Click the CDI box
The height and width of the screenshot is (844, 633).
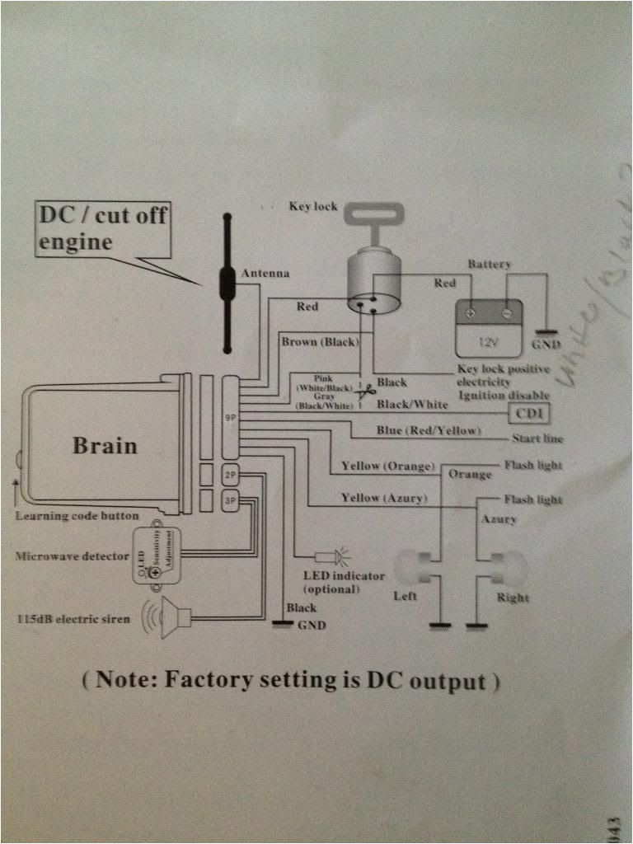point(531,412)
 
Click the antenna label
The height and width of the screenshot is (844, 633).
point(265,273)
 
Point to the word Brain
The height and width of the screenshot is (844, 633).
point(105,445)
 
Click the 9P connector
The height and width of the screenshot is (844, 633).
point(231,418)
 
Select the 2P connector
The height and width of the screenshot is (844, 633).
point(231,475)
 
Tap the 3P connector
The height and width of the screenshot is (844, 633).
point(231,499)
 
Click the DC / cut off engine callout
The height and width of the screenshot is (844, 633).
point(103,228)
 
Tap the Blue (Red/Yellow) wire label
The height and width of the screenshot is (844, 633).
point(429,431)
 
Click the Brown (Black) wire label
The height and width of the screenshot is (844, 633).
point(318,341)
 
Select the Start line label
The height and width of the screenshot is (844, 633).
point(537,438)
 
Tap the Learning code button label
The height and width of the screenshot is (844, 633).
point(77,516)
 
